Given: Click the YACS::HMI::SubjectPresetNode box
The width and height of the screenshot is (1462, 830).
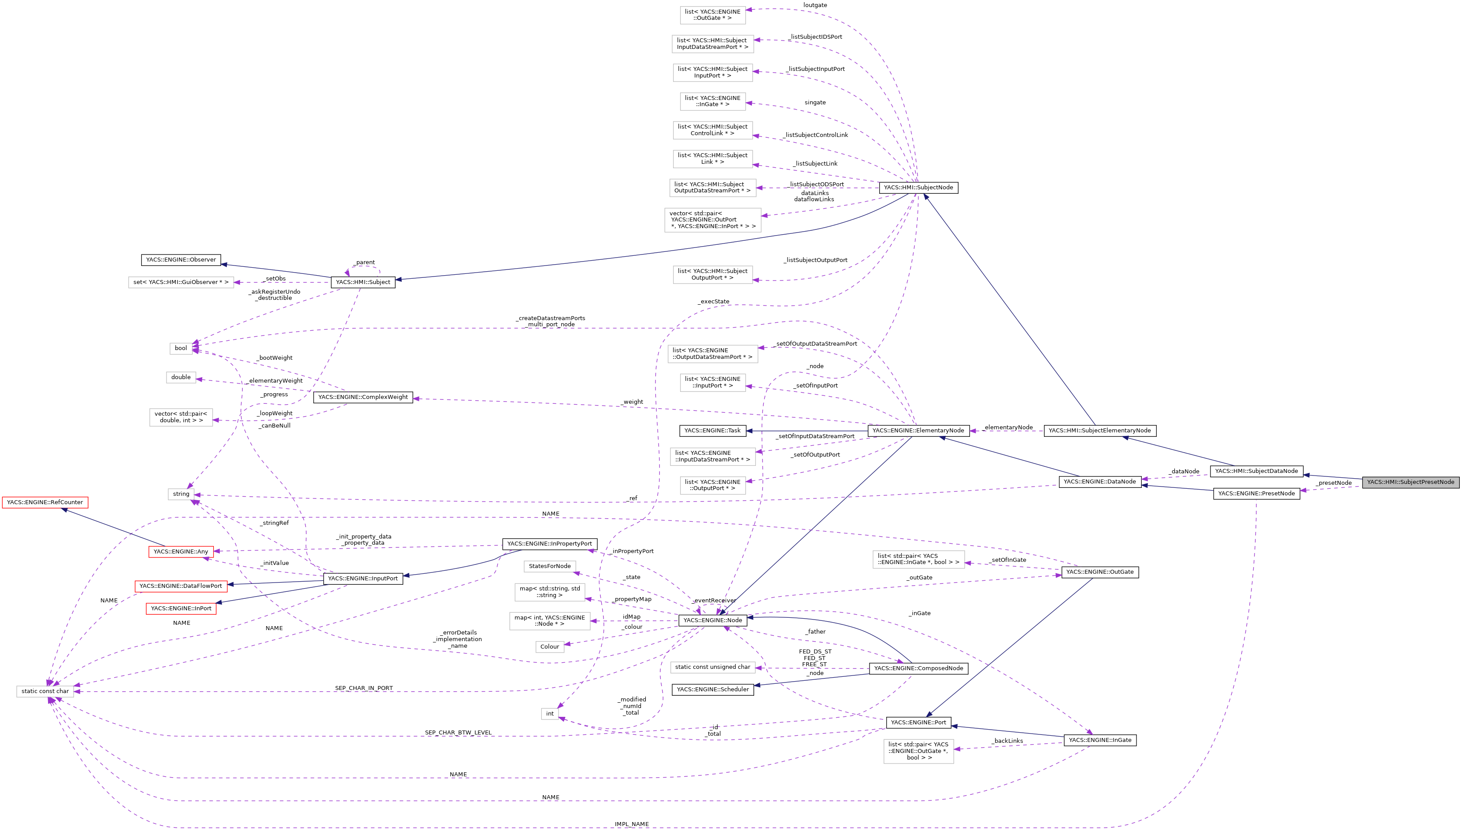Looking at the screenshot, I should [1410, 482].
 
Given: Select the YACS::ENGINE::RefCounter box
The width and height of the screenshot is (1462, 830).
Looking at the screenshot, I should [45, 502].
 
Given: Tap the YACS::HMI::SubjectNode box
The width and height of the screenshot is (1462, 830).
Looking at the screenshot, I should [918, 188].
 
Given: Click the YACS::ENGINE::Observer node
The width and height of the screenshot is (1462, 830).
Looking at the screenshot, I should [181, 260].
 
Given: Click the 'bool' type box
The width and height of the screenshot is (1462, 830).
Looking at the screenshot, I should [181, 348].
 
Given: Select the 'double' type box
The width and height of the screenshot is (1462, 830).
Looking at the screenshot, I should [181, 377].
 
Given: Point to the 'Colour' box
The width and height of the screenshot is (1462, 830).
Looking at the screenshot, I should [550, 646].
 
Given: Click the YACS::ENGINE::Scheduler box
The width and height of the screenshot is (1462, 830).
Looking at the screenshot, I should [712, 689].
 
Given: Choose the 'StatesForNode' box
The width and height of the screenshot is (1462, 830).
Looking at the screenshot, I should [550, 566].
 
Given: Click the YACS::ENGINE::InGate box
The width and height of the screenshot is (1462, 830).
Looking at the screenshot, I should [1100, 740].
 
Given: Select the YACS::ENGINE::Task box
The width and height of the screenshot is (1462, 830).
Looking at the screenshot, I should [712, 430].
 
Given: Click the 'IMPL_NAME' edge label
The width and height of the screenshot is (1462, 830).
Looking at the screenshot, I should [631, 824].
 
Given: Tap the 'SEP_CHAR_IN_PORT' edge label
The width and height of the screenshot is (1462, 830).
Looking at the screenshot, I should [364, 688].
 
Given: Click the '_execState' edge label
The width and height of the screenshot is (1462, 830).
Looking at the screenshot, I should [713, 302].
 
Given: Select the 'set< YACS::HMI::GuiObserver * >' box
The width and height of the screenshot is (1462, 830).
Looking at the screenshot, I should [181, 282].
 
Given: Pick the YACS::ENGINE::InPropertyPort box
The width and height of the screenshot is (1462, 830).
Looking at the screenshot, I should [550, 544].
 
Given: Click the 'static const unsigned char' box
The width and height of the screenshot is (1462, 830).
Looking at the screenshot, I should [712, 667].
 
